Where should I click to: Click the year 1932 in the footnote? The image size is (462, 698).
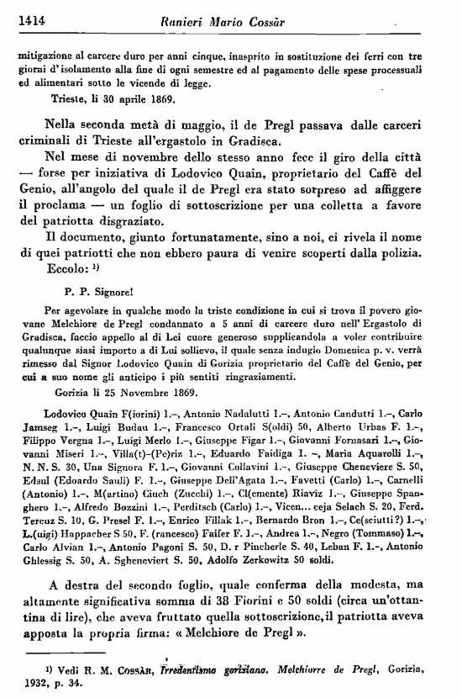[x=38, y=684]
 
